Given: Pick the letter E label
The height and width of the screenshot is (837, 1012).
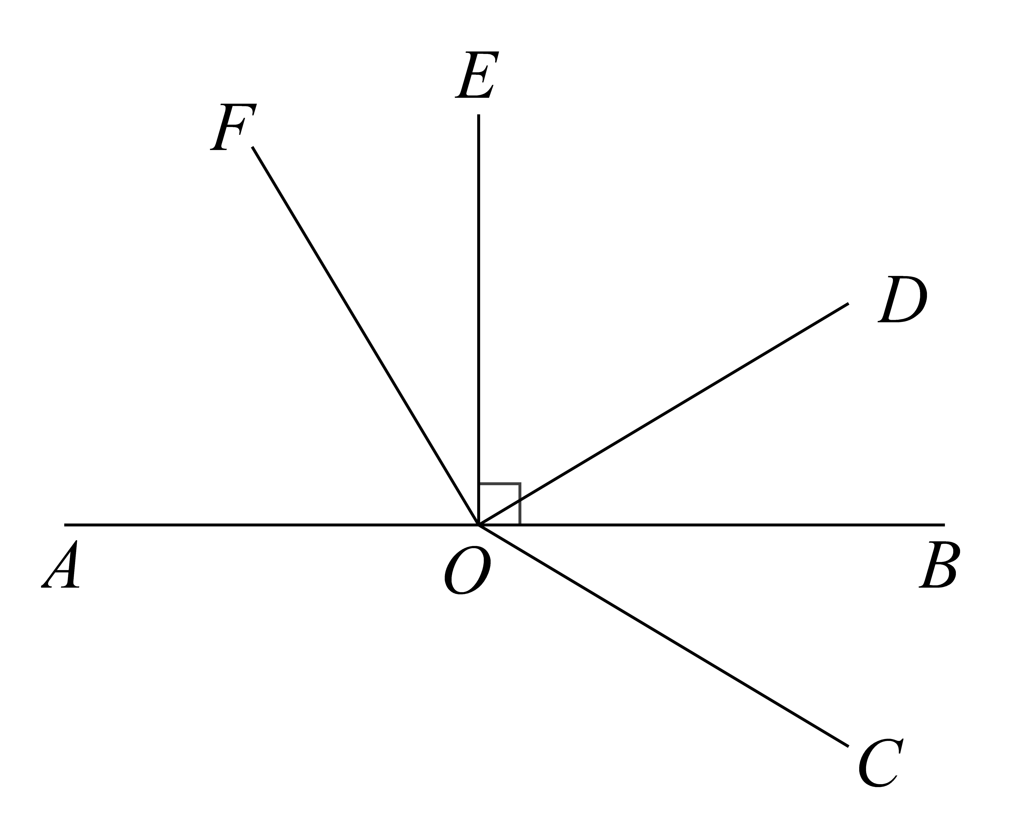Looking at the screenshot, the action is [x=476, y=75].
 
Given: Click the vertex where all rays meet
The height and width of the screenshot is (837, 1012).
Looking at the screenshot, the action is [x=478, y=524].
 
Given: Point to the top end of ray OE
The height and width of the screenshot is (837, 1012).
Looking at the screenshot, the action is [x=478, y=115].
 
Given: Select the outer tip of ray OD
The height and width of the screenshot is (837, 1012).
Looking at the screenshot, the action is [x=848, y=303].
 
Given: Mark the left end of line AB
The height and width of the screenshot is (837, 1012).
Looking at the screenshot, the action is [x=65, y=524].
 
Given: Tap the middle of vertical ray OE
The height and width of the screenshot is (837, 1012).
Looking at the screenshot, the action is [x=478, y=319].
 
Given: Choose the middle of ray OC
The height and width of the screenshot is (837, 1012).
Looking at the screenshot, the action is [x=663, y=636].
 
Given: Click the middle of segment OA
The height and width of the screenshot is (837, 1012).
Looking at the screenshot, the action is [x=271, y=524].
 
